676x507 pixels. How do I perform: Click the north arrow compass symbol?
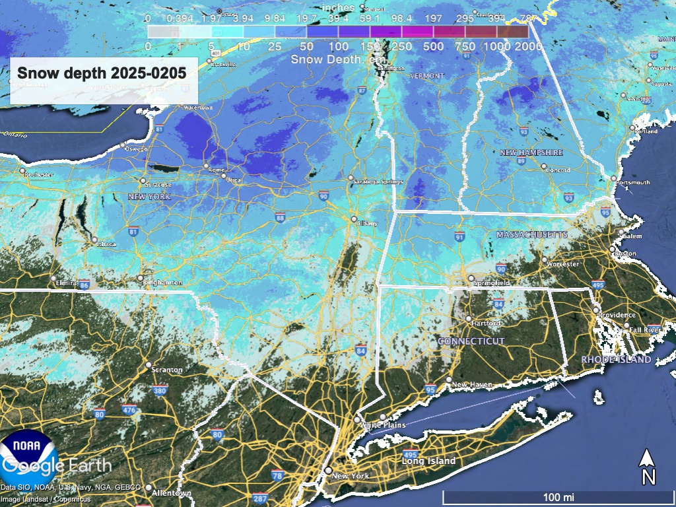648,466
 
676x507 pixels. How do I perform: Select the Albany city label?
366,223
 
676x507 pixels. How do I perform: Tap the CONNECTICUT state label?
471,341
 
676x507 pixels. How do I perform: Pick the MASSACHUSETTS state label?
531,235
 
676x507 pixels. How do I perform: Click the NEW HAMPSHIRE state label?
531,152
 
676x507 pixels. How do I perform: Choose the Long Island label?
429,461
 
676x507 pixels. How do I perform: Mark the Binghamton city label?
162,283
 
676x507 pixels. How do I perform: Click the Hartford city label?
487,323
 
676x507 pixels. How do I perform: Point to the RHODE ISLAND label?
616,360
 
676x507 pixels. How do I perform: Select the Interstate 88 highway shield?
280,217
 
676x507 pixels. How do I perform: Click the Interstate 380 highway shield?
160,390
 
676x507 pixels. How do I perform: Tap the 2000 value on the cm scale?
528,47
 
